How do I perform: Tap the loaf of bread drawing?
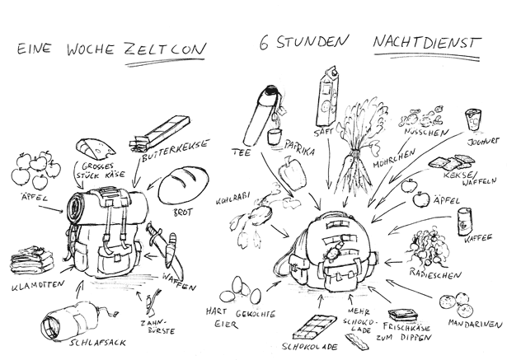pyautogui.click(x=180, y=183)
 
